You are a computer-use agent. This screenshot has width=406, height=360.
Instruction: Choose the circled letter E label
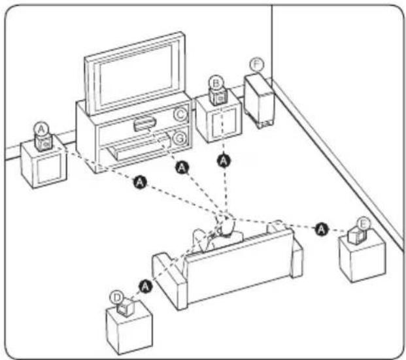[x=363, y=223]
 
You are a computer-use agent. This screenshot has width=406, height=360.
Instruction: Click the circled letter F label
[x=256, y=64]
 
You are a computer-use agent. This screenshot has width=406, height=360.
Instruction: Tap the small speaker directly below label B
[x=217, y=97]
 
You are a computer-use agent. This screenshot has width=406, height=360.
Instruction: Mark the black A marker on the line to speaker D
[x=145, y=285]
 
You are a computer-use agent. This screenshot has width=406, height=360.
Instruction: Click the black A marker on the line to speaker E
[x=321, y=228]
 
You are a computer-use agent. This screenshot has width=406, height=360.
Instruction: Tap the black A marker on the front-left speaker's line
[x=137, y=178]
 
